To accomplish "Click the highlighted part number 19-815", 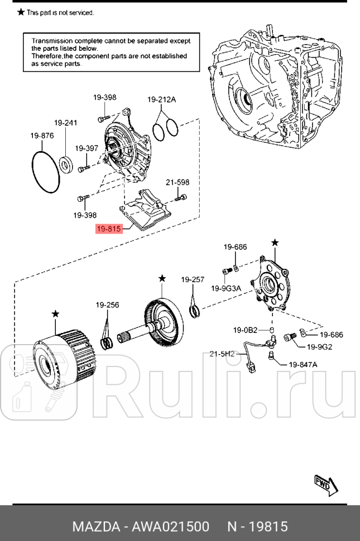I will pyautogui.click(x=109, y=228).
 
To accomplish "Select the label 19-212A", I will pyautogui.click(x=162, y=100).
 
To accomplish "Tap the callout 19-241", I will pyautogui.click(x=65, y=123).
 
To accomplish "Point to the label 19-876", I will pyautogui.click(x=42, y=136).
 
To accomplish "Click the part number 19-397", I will pyautogui.click(x=87, y=148).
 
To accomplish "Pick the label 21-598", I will pyautogui.click(x=177, y=182).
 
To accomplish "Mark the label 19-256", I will pyautogui.click(x=107, y=305).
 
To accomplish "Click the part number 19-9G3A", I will pyautogui.click(x=226, y=288).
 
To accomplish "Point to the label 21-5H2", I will pyautogui.click(x=222, y=354).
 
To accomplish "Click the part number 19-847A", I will pyautogui.click(x=303, y=364).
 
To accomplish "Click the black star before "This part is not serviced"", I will pyautogui.click(x=21, y=12).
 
